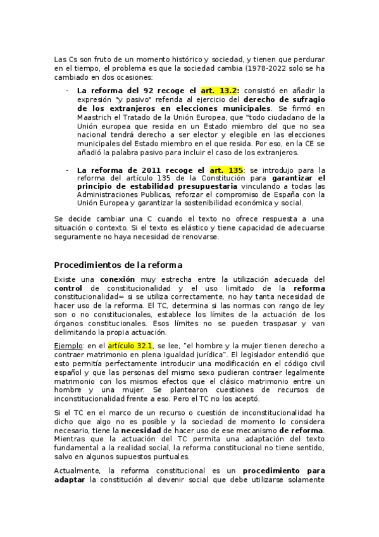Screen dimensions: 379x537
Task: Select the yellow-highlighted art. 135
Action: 226,170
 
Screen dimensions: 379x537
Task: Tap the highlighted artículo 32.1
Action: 130,346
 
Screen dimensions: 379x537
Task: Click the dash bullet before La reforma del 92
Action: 68,91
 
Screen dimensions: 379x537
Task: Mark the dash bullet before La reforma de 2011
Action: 68,170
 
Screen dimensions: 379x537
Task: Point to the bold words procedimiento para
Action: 285,471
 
